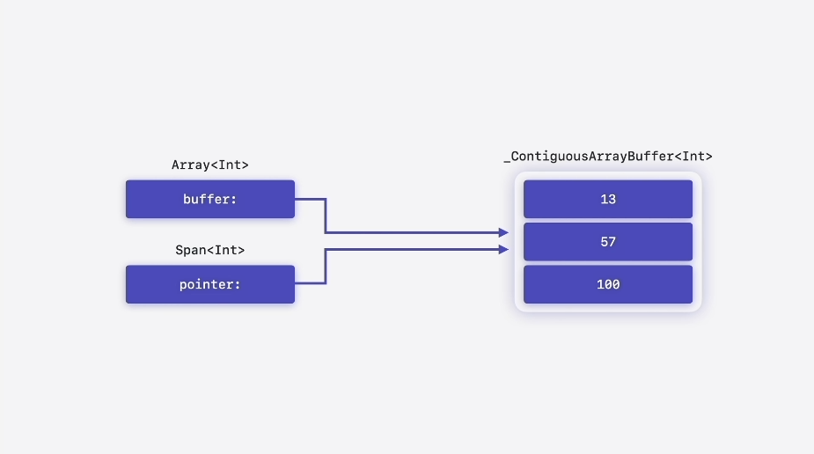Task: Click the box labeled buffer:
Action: click(x=210, y=199)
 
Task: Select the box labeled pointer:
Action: click(x=210, y=284)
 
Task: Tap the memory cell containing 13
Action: click(x=608, y=199)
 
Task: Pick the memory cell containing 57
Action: click(x=608, y=242)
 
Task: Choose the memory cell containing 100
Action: click(x=608, y=284)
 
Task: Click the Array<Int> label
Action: click(x=210, y=165)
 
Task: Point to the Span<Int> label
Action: click(x=210, y=250)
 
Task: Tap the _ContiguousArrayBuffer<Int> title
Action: click(x=608, y=157)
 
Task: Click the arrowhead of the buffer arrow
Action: click(x=503, y=232)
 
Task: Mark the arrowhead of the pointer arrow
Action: click(x=503, y=250)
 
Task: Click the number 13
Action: click(x=608, y=199)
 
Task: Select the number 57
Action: click(x=608, y=242)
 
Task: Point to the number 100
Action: click(x=608, y=284)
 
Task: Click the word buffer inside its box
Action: click(x=207, y=199)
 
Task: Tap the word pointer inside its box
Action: click(x=207, y=284)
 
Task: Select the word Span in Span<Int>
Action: click(x=191, y=251)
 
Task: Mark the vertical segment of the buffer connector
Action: click(x=326, y=216)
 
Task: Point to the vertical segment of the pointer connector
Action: click(x=326, y=267)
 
